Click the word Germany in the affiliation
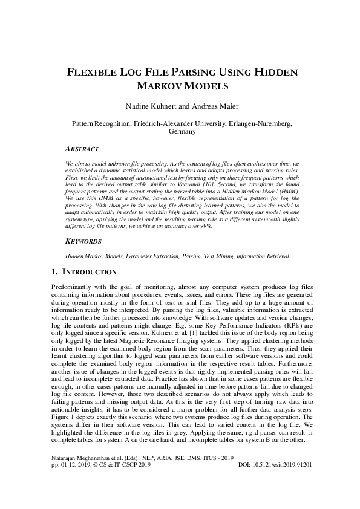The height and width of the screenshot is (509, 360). click(181, 131)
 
